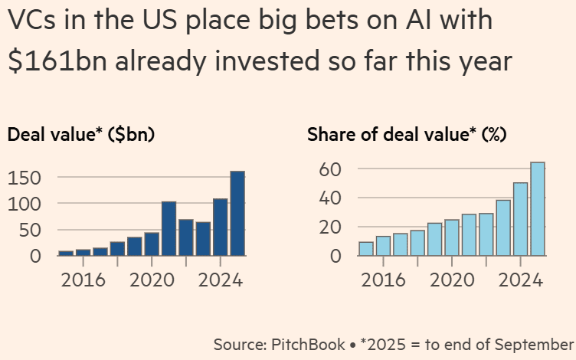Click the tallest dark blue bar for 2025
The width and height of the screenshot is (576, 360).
coord(237,213)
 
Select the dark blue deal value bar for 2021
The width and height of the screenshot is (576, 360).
coord(169,228)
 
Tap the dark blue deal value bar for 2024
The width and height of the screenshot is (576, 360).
coord(221,227)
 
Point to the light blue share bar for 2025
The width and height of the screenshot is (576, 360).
coord(537,208)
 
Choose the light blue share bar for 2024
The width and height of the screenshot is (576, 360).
coord(520,219)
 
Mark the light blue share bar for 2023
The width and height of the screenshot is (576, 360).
coord(503,227)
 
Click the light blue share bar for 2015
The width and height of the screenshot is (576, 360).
coord(366,249)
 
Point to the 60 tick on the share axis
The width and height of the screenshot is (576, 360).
coord(328,169)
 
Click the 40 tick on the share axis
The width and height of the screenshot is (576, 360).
coord(328,198)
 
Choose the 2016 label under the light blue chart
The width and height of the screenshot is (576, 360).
coord(384,280)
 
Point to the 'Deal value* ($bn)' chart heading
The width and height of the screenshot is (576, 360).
coord(81,135)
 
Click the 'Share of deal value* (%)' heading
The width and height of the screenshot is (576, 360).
coord(405,135)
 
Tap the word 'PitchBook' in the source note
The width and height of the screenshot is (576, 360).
coord(309,344)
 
